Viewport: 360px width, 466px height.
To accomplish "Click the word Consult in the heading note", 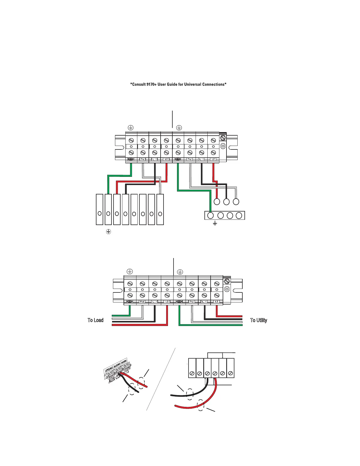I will (x=139, y=84).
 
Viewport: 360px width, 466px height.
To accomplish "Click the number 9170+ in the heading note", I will (x=151, y=84).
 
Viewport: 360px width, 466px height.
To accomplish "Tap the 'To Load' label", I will (x=96, y=320).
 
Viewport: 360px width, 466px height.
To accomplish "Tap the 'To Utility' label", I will (x=259, y=320).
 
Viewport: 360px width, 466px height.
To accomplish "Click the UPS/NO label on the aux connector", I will (x=109, y=369).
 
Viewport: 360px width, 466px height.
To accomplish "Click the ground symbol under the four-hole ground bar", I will (x=215, y=224).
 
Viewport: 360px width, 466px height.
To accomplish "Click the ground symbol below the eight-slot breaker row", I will (x=108, y=232).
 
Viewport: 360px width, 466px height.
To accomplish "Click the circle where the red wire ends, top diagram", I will (x=217, y=202).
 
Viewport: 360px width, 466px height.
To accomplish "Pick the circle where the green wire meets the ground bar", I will (x=211, y=216).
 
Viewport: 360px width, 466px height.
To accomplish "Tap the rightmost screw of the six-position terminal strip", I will (x=230, y=373).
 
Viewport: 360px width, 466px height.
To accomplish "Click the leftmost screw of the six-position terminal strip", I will (x=192, y=373).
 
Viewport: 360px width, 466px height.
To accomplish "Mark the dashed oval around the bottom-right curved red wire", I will (x=201, y=405).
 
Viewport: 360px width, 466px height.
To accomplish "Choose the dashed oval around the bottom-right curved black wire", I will (x=190, y=394).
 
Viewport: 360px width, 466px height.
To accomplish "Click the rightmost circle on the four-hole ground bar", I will (x=239, y=216).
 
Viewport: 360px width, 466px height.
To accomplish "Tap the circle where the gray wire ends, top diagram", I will (x=236, y=202).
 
